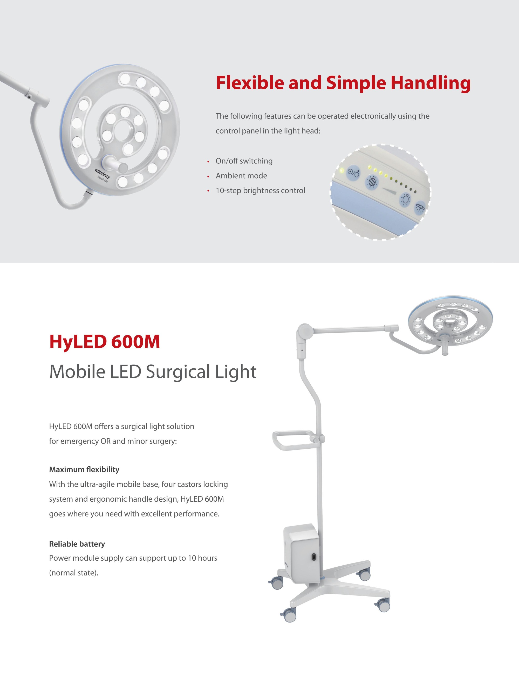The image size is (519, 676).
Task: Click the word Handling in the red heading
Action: point(431,83)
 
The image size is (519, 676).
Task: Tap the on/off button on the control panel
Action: point(353,172)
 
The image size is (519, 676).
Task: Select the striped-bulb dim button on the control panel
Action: point(372,182)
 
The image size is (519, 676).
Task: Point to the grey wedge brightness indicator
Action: point(390,191)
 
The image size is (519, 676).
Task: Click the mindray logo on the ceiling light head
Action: point(102,174)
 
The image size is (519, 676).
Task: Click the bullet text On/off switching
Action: point(244,161)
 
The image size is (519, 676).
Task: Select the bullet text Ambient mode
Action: point(241,176)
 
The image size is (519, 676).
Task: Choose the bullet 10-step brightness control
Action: point(260,190)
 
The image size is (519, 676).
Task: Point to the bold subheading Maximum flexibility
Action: point(84,469)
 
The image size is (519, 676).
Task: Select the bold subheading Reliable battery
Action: point(77,544)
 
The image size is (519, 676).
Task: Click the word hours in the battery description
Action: point(207,558)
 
